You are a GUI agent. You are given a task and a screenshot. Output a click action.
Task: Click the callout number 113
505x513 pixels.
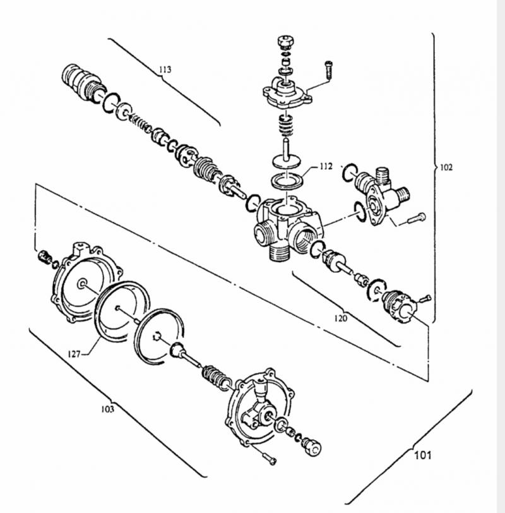[x=165, y=69]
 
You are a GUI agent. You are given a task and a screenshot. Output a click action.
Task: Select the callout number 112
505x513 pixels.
[x=326, y=167]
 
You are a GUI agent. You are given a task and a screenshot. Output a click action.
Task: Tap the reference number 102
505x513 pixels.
[x=446, y=167]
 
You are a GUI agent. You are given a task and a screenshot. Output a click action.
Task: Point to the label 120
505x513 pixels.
[x=340, y=318]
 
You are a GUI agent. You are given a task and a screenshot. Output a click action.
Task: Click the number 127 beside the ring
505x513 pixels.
[x=74, y=354]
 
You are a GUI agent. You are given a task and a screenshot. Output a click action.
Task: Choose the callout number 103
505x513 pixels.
[x=107, y=409]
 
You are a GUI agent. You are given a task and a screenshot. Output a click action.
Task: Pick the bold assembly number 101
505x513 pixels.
[x=423, y=455]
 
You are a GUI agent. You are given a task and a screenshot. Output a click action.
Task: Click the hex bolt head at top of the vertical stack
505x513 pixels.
[x=286, y=42]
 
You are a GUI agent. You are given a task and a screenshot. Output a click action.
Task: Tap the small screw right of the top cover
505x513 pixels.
[x=328, y=69]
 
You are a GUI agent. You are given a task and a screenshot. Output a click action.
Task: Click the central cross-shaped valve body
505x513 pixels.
[x=288, y=227]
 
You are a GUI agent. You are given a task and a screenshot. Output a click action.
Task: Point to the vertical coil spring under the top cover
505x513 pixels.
[x=286, y=125]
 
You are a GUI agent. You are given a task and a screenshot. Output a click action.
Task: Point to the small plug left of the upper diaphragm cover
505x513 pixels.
[x=45, y=256]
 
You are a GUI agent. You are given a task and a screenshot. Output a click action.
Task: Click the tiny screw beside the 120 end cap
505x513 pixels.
[x=425, y=298]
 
